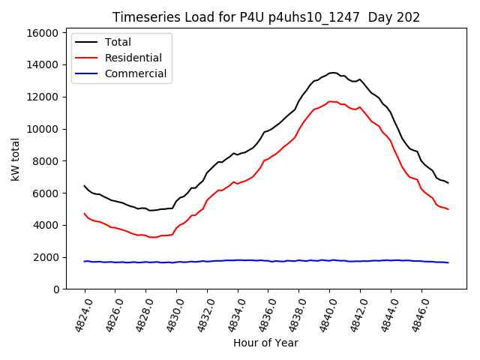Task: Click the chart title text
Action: point(266,17)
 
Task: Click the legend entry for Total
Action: point(118,42)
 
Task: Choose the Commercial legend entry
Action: point(135,73)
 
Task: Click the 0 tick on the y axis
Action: point(55,289)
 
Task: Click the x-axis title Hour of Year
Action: point(265,343)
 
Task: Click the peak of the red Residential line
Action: point(330,101)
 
